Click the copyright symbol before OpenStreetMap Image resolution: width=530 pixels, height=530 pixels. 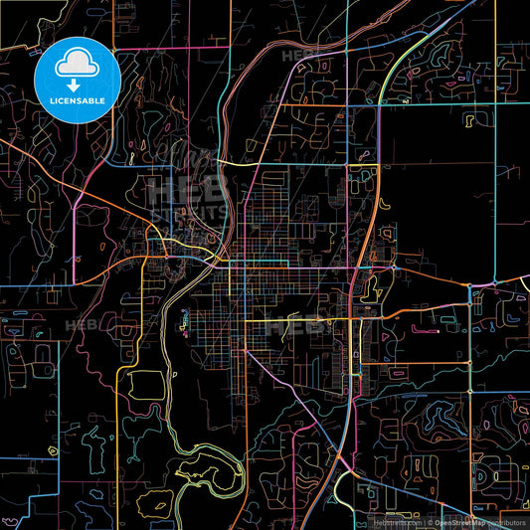(x=430, y=520)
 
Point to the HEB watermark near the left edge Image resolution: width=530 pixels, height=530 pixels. (x=79, y=323)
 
